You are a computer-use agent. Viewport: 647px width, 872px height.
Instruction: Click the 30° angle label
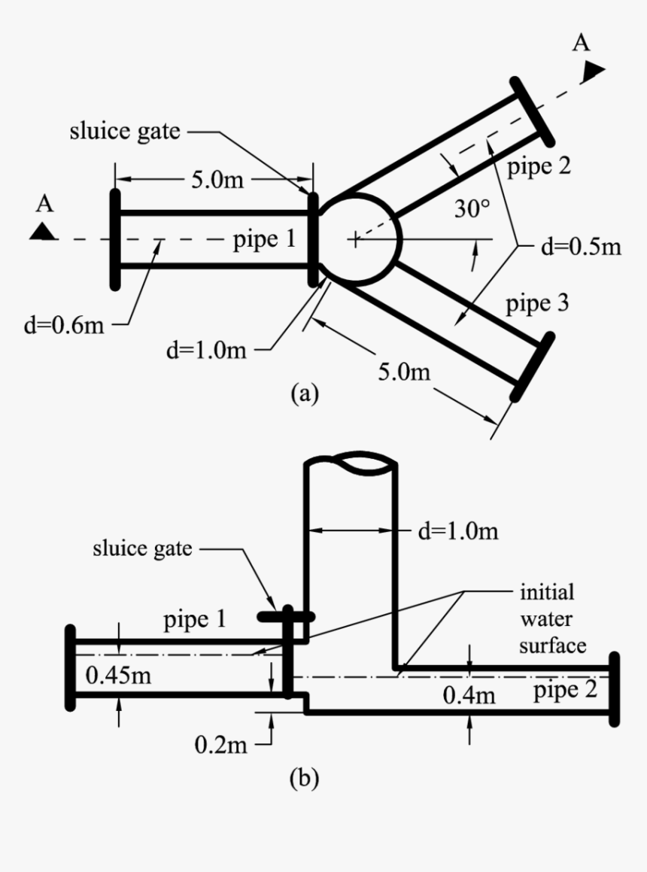pos(472,210)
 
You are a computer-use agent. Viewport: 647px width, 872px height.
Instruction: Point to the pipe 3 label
pos(536,305)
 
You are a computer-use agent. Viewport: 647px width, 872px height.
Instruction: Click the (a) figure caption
pos(305,393)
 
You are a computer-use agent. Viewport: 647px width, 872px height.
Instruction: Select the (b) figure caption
pos(305,777)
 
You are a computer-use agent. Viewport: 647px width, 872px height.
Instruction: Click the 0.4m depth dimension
pos(469,695)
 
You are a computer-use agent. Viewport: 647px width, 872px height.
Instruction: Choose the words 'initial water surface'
pos(547,618)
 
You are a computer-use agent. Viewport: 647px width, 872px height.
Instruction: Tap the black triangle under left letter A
pos(44,231)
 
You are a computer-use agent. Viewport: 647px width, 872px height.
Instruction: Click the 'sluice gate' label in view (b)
pos(143,548)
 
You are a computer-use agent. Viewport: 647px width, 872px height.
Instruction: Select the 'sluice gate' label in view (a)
pos(125,132)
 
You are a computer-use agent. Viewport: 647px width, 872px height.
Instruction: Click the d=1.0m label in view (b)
pos(457,532)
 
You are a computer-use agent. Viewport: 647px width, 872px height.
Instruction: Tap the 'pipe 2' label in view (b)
pos(567,690)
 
